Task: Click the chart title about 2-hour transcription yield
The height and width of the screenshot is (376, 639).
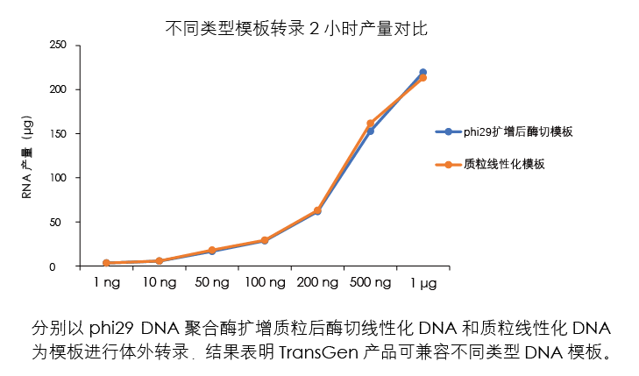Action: (296, 29)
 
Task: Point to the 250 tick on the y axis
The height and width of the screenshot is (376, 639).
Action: (59, 45)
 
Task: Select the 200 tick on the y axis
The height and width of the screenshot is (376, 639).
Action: (59, 89)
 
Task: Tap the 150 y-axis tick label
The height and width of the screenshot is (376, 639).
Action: (59, 133)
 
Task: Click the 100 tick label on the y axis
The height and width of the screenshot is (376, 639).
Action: (59, 178)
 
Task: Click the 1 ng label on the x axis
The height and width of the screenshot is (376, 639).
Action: (107, 283)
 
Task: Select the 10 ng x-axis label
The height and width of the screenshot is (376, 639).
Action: (159, 283)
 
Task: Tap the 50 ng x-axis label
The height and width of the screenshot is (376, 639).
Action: (211, 283)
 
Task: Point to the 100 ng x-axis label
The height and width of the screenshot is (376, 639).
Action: (265, 283)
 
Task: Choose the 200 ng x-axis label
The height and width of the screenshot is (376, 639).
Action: (317, 283)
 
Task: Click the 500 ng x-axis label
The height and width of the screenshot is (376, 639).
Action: (371, 283)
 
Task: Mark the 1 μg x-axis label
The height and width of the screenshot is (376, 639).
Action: (423, 283)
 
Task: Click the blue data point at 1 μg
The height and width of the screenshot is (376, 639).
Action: (423, 72)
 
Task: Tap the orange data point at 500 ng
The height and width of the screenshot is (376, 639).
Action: (371, 124)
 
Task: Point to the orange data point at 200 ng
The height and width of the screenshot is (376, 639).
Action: (317, 210)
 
